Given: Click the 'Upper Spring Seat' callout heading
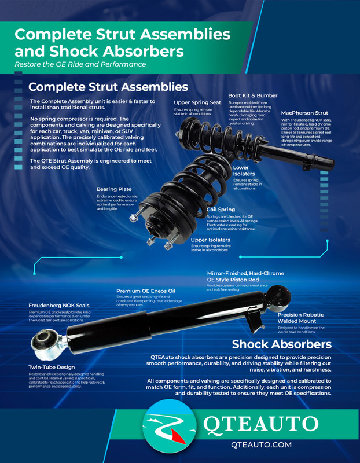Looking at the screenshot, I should pyautogui.click(x=197, y=102).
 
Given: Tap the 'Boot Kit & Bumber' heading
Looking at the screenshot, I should pyautogui.click(x=252, y=95).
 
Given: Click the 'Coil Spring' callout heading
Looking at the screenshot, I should pyautogui.click(x=221, y=210).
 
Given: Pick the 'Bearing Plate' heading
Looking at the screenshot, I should pyautogui.click(x=114, y=189).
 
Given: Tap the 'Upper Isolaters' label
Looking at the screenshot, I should pyautogui.click(x=211, y=239).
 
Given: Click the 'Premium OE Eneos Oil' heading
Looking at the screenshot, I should pyautogui.click(x=145, y=291).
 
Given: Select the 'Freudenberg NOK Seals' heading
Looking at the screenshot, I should pyautogui.click(x=59, y=306).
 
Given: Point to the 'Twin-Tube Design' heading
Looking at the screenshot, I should pyautogui.click(x=52, y=368).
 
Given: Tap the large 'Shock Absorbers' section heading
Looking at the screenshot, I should pyautogui.click(x=281, y=344).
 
